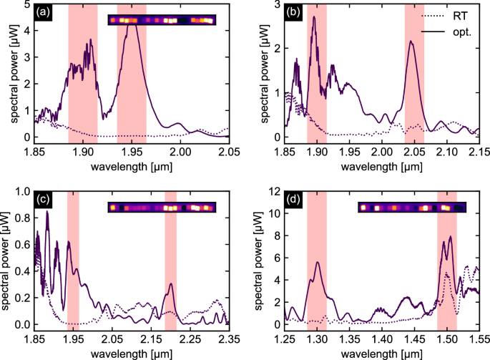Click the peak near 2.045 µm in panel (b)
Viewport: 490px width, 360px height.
[411, 42]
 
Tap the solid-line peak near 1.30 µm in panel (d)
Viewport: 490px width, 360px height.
[318, 262]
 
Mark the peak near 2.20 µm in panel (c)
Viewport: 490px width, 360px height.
[170, 284]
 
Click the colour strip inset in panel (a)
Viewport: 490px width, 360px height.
[161, 20]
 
